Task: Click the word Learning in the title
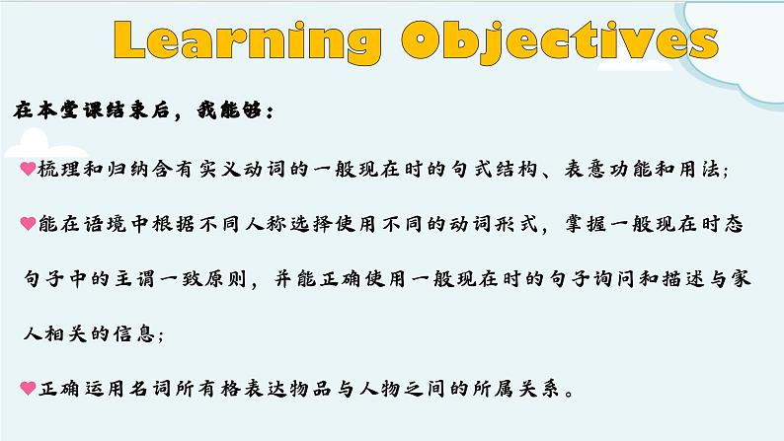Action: coord(248,40)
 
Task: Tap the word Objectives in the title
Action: coord(560,42)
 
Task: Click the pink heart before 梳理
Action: coord(28,169)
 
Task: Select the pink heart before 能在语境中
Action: coord(28,223)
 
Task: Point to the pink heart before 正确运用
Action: coord(28,388)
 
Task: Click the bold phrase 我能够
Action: coord(228,110)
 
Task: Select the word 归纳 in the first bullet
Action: coord(127,170)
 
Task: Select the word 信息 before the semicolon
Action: coord(133,333)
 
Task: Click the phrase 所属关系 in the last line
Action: coord(516,388)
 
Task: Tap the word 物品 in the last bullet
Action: coord(310,388)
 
